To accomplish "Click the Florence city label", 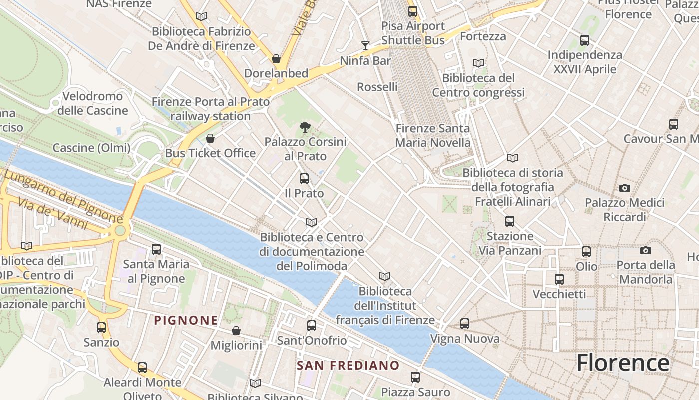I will [x=623, y=363].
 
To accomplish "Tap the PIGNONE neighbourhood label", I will [x=186, y=320].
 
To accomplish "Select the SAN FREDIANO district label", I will [x=348, y=365].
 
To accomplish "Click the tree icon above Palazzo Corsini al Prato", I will [x=305, y=127].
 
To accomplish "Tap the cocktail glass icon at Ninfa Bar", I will [x=365, y=46].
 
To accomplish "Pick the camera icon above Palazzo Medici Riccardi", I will [x=624, y=188].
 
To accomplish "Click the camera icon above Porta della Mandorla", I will [x=646, y=250].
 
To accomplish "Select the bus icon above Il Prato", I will [x=304, y=178].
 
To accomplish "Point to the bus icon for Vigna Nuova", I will [x=465, y=324].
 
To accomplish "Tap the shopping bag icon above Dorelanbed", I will [x=276, y=59].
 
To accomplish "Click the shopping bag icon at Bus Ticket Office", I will [x=210, y=138].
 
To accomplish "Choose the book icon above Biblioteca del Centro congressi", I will [x=478, y=63].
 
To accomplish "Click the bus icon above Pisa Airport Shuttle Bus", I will [x=413, y=11].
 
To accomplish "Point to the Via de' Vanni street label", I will [x=55, y=214].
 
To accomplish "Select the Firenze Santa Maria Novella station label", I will [x=433, y=135].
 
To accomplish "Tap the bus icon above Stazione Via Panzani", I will [x=509, y=221].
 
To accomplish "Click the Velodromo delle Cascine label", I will [x=92, y=103].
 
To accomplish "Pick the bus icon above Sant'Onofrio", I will [x=312, y=326].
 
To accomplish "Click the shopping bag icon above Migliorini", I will [x=236, y=331].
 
